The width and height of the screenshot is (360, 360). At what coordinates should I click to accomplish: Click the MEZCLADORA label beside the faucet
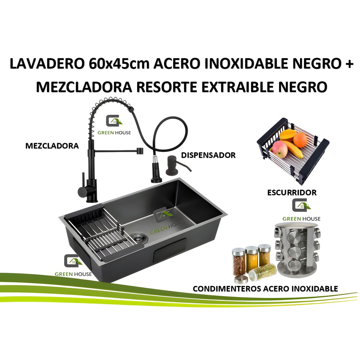pos(52,146)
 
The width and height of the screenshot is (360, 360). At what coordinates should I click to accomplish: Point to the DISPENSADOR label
pos(208,155)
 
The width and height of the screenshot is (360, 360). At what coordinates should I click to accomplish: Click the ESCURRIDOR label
pos(292,192)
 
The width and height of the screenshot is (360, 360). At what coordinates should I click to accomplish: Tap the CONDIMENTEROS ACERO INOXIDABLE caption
pos(265,289)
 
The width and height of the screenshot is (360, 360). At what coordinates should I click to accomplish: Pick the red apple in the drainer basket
pos(280,149)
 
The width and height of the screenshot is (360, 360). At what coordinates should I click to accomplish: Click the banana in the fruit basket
pos(292,148)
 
